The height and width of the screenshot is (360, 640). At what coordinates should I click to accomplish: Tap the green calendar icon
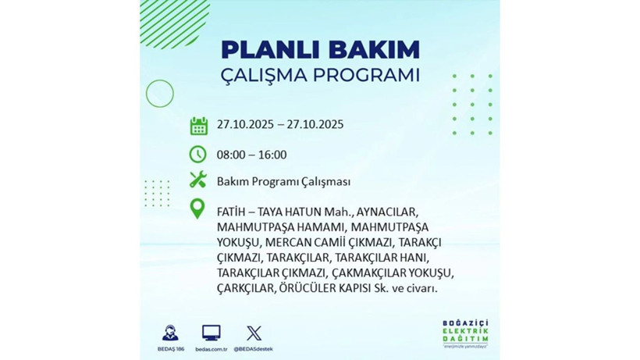tap(198, 125)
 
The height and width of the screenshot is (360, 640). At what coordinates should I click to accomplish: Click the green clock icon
tap(198, 154)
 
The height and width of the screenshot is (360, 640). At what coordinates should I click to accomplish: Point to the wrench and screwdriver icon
tap(198, 181)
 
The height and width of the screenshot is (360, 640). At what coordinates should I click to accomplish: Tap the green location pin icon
tap(198, 210)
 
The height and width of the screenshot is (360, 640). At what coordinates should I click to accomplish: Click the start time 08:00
tap(233, 155)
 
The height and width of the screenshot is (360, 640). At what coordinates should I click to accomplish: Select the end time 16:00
tap(272, 155)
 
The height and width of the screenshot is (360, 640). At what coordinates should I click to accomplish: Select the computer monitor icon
tap(211, 332)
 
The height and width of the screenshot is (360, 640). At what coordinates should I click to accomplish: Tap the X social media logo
tap(253, 332)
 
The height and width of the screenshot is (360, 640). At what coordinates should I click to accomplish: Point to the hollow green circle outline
tap(159, 94)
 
